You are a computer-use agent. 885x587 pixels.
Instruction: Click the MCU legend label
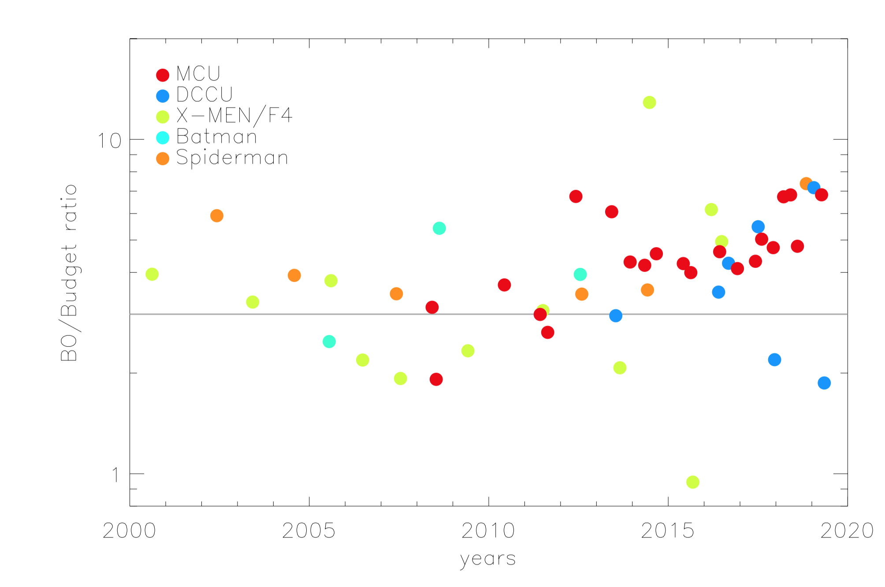click(198, 74)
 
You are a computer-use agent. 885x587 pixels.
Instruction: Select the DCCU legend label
click(205, 94)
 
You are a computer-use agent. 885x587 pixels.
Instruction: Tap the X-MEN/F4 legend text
click(234, 116)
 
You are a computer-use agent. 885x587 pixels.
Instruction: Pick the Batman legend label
click(216, 137)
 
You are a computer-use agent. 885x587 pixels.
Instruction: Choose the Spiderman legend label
click(232, 158)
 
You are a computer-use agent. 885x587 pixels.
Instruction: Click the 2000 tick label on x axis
click(129, 531)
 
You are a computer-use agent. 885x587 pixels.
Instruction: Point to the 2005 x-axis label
click(309, 531)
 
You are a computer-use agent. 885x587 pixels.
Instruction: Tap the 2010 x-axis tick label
click(488, 531)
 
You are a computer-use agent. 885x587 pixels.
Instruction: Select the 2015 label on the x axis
click(668, 531)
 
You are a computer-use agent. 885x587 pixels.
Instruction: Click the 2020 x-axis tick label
click(847, 531)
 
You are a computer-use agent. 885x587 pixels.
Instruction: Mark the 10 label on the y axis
click(109, 141)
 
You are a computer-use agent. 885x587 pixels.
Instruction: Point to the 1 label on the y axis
click(115, 475)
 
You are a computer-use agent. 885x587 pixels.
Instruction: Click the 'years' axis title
click(488, 559)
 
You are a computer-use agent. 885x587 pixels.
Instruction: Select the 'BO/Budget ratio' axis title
click(69, 273)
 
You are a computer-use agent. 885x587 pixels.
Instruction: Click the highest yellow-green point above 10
click(649, 102)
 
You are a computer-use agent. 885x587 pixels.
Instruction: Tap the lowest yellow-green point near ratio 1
click(692, 482)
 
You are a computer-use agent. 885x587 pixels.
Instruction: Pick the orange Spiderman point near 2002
click(216, 215)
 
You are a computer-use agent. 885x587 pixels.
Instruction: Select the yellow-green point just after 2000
click(152, 274)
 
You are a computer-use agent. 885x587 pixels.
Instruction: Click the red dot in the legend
click(163, 75)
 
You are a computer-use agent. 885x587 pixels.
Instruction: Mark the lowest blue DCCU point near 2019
click(824, 383)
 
